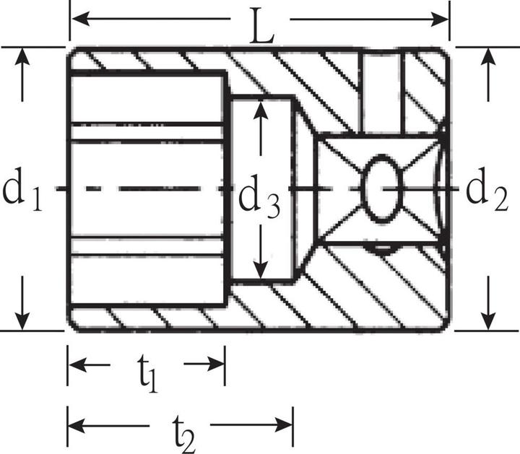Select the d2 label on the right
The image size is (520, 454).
point(485,190)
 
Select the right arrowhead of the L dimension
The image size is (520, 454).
point(441,17)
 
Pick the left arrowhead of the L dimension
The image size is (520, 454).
point(79,17)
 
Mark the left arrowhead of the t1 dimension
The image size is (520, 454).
point(77,364)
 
